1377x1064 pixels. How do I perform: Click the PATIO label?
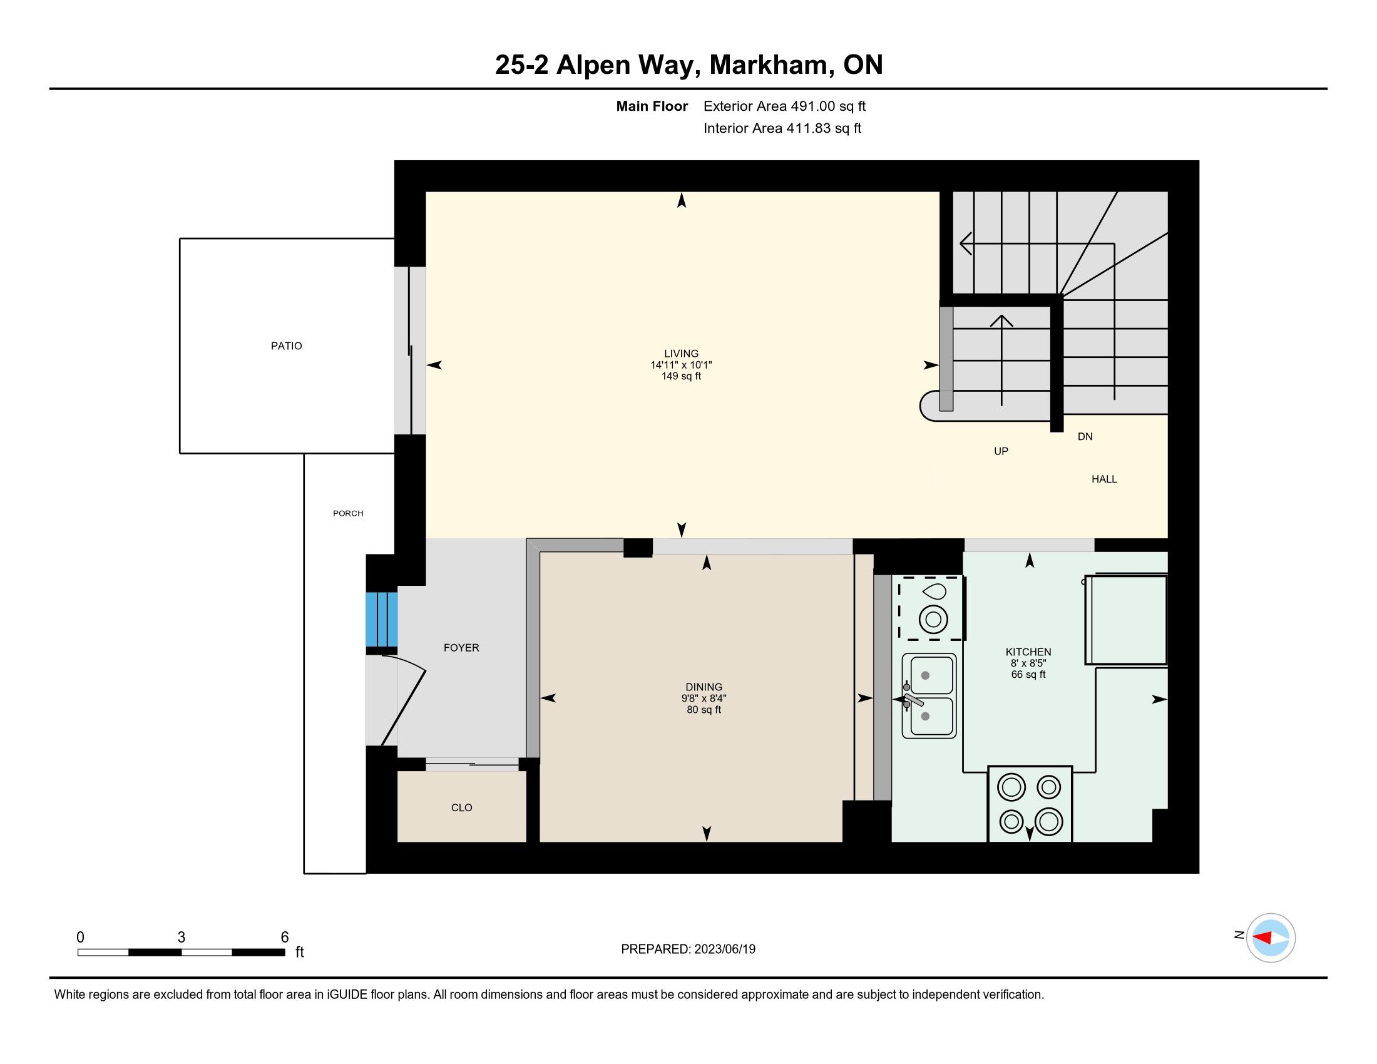click(286, 346)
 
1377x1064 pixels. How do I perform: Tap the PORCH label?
click(348, 513)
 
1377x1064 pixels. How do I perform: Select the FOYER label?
click(461, 647)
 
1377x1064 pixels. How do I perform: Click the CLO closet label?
click(461, 807)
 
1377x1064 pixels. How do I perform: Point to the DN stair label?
click(1085, 436)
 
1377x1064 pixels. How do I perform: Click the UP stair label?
click(1001, 451)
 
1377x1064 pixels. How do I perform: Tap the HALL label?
click(1104, 479)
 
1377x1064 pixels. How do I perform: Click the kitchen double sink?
click(929, 696)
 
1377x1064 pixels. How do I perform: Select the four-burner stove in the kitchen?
click(1030, 804)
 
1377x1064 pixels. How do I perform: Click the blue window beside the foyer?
click(381, 619)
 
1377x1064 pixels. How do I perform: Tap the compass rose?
click(1271, 938)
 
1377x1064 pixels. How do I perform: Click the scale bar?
click(182, 952)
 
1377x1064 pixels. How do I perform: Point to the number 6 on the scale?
click(284, 938)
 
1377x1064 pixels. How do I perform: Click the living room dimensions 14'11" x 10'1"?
click(681, 365)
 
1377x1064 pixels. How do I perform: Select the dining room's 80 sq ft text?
click(704, 710)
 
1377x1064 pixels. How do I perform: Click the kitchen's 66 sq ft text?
click(1028, 675)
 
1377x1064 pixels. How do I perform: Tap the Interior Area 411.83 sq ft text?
click(782, 128)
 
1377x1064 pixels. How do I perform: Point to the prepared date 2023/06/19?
click(725, 949)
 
